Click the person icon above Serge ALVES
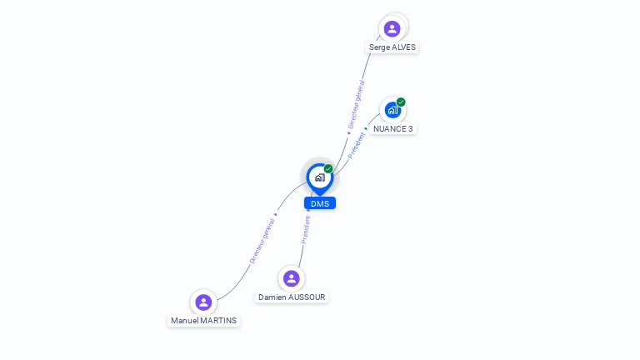(x=392, y=28)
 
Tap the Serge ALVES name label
(x=392, y=47)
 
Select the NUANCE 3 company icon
(x=392, y=110)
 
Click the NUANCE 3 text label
(x=392, y=129)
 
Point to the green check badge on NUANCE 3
(x=401, y=102)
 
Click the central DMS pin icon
(x=319, y=177)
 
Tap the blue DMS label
(x=320, y=203)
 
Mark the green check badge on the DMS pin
(x=328, y=169)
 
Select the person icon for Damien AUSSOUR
(x=291, y=278)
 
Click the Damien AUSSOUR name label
(x=292, y=297)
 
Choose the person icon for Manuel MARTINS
(x=203, y=302)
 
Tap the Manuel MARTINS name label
(x=203, y=321)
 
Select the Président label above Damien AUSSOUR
(x=306, y=230)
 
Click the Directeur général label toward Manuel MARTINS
(x=262, y=242)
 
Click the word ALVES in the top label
(x=403, y=47)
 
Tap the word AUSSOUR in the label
(x=307, y=297)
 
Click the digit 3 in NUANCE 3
(x=410, y=129)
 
